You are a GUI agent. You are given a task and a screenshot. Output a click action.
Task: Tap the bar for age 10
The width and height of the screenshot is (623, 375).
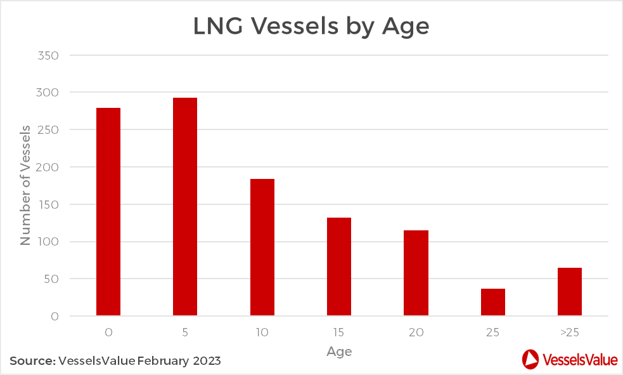tap(262, 247)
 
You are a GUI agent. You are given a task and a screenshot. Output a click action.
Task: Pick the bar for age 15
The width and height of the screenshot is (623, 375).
tap(339, 266)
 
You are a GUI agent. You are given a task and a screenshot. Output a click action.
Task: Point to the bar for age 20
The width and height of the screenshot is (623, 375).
tap(416, 273)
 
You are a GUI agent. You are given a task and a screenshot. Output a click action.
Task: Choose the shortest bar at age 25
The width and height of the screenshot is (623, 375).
tap(493, 302)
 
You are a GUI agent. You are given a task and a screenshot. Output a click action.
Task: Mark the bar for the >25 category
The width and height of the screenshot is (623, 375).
tap(570, 292)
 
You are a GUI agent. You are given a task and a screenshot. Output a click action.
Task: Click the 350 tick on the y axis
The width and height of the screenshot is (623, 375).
tap(49, 56)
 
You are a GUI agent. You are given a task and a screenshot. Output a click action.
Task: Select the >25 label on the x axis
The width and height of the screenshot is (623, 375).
tap(570, 332)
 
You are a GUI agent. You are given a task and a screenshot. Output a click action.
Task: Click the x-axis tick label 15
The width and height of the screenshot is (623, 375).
tap(339, 332)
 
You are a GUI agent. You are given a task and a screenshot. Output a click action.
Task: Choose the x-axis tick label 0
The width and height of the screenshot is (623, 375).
tap(108, 332)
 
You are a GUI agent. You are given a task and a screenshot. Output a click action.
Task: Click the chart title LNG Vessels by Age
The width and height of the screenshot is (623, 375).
tap(311, 27)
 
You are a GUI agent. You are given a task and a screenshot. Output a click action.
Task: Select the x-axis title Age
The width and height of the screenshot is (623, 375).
tap(339, 351)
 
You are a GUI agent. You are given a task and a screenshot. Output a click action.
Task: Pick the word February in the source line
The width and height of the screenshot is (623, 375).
tap(161, 361)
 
